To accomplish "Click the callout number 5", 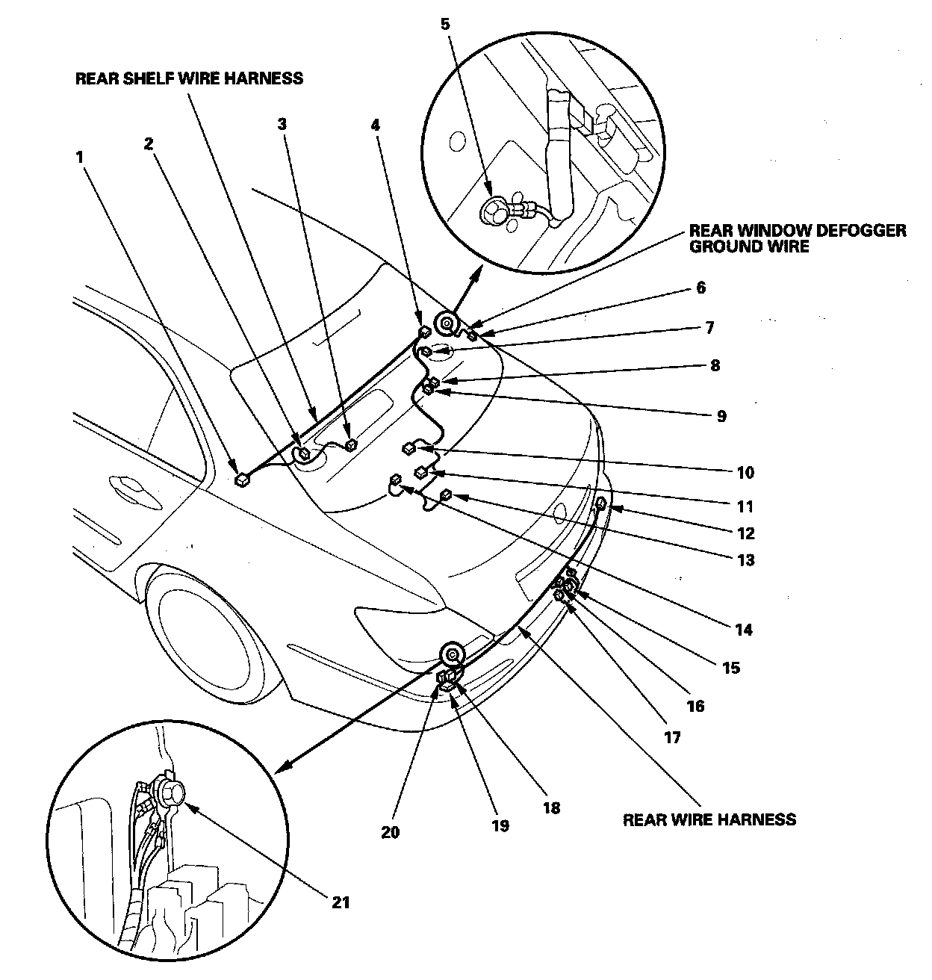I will pos(446,23).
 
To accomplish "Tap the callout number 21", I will pos(340,902).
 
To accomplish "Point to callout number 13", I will pos(745,559).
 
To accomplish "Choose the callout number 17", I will pos(672,737).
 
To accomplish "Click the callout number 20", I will pos(391,831).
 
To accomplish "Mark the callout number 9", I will pos(721,416).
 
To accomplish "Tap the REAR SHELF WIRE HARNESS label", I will pos(189,78).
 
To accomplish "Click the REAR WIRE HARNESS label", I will pos(709,819).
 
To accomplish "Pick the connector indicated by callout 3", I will pos(351,446).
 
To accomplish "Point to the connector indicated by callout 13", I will pos(447,494).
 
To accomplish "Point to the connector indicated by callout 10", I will pos(410,448).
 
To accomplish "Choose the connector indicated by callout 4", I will pos(424,331).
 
